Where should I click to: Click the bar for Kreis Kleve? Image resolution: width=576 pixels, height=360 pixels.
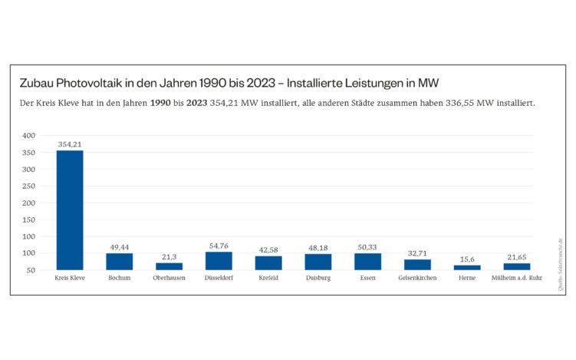click(70, 210)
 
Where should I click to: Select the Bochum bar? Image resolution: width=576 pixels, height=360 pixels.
click(120, 262)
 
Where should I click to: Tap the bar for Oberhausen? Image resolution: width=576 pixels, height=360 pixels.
click(170, 266)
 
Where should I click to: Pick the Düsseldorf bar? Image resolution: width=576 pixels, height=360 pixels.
click(219, 261)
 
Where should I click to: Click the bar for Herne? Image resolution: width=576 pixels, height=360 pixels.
click(467, 267)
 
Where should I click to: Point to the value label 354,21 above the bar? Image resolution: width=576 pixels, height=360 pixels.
click(70, 144)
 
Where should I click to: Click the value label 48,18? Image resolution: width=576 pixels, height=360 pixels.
click(318, 248)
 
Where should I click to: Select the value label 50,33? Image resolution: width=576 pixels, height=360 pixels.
click(368, 247)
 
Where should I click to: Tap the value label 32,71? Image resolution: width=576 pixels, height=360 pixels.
click(418, 253)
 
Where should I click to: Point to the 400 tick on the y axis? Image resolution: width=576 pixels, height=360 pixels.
click(29, 136)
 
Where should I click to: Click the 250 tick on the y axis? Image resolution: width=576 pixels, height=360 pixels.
click(29, 186)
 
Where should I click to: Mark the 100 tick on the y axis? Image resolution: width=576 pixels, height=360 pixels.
click(29, 253)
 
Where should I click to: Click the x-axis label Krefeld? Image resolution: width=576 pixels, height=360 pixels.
click(268, 278)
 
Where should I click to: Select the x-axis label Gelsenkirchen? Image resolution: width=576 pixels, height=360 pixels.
click(418, 278)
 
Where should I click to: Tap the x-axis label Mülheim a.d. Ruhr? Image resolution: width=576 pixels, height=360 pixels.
click(517, 278)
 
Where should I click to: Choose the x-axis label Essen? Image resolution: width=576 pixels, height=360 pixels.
click(368, 278)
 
